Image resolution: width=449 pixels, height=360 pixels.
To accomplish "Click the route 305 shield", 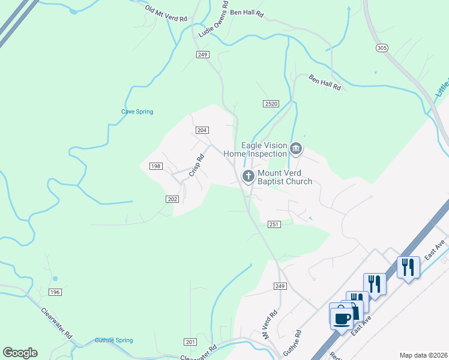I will click(381, 47).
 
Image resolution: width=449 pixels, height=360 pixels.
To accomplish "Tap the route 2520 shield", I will click(271, 104).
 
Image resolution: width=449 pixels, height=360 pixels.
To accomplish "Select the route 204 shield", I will click(202, 130).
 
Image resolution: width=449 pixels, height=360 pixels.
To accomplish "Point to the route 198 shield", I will click(155, 166).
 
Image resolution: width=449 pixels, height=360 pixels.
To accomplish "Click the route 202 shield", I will click(172, 199).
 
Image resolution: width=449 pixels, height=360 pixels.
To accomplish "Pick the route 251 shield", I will click(274, 224).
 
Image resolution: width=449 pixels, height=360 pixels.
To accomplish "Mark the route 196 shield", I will click(55, 292).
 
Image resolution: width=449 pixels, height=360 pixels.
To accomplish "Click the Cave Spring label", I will click(137, 112).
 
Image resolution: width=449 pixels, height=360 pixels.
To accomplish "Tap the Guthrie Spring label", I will click(113, 341).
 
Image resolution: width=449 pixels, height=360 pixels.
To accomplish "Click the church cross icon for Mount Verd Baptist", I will click(247, 176).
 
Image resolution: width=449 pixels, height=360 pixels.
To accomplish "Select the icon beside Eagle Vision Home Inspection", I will click(295, 148).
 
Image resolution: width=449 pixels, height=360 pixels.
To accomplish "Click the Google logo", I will click(20, 353).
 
